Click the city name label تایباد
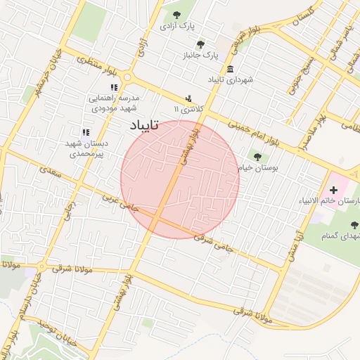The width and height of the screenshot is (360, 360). point(145,125)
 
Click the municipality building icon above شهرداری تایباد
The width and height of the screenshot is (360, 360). point(231,69)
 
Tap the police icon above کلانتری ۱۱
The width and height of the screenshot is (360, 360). point(188,99)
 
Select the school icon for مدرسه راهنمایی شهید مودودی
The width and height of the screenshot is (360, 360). point(115,87)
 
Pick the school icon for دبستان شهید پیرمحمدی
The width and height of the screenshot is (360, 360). point(86,131)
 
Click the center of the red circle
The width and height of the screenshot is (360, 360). point(180,180)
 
